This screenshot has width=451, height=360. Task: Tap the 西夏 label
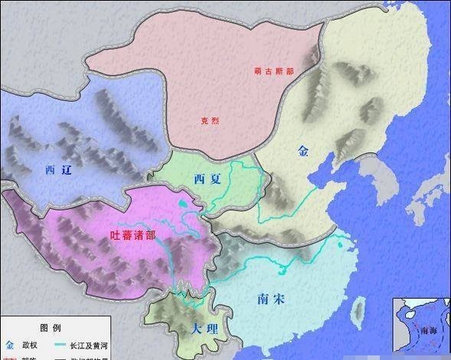click(x=207, y=179)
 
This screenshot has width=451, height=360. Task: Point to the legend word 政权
click(x=31, y=345)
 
